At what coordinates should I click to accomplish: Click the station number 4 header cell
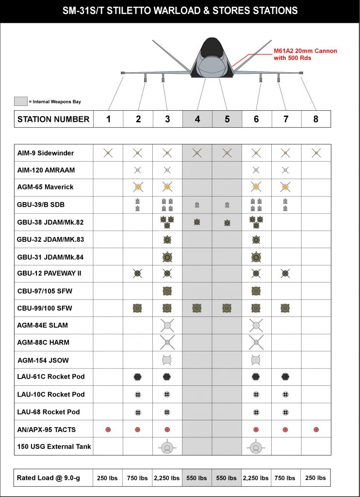197,119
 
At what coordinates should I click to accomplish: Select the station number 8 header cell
316,119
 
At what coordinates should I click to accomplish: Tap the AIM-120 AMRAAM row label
46,170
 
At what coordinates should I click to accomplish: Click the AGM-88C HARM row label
43,342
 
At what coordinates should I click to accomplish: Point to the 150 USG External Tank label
54,447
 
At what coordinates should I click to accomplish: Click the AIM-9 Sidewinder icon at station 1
108,153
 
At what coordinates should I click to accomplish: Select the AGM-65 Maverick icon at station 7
286,187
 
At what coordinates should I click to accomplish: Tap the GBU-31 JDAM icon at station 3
167,257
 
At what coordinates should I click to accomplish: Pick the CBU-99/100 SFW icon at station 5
227,308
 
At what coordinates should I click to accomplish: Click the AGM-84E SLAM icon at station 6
256,325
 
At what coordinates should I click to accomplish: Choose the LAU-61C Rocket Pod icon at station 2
138,377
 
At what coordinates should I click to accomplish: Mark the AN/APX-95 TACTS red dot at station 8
316,430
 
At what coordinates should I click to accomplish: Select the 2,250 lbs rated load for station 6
256,478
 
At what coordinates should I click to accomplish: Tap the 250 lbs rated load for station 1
108,478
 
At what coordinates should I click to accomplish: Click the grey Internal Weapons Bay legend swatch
20,101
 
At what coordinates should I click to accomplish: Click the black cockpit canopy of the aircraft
211,47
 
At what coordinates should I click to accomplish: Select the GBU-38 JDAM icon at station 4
197,222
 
